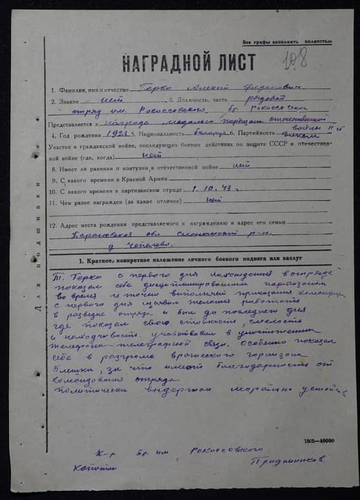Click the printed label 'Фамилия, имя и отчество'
click(98, 89)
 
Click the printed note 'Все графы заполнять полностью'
click(287, 41)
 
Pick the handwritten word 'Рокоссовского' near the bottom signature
click(220, 450)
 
